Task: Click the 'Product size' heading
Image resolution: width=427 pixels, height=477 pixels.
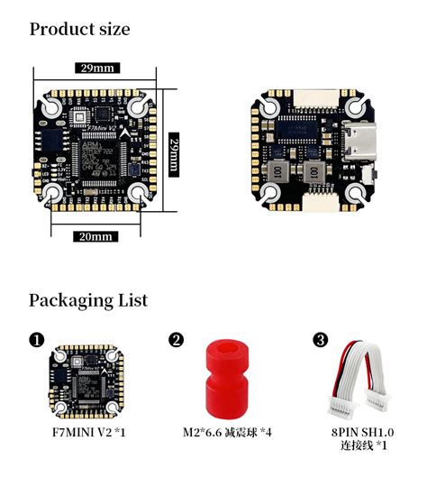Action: (x=79, y=29)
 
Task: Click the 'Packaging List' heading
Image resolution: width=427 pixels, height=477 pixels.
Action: (x=87, y=299)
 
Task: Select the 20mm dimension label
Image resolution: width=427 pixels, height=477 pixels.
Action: (x=95, y=236)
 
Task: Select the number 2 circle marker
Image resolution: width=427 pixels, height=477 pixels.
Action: (x=177, y=340)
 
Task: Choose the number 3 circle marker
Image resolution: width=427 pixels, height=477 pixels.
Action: (x=321, y=340)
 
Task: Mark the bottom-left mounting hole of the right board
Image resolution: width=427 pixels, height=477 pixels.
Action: (x=272, y=192)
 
